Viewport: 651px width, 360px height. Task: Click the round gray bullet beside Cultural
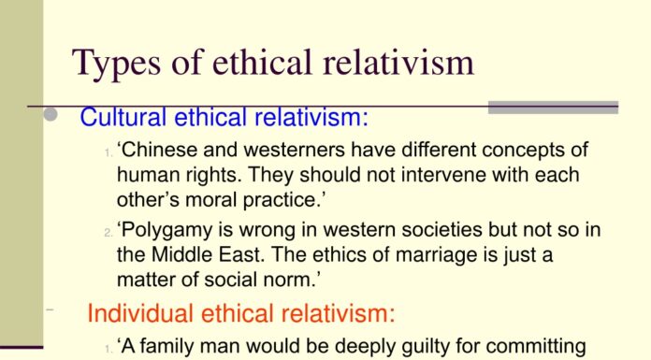pos(52,116)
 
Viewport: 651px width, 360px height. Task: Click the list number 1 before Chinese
pos(108,152)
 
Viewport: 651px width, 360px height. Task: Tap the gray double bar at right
pos(554,108)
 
